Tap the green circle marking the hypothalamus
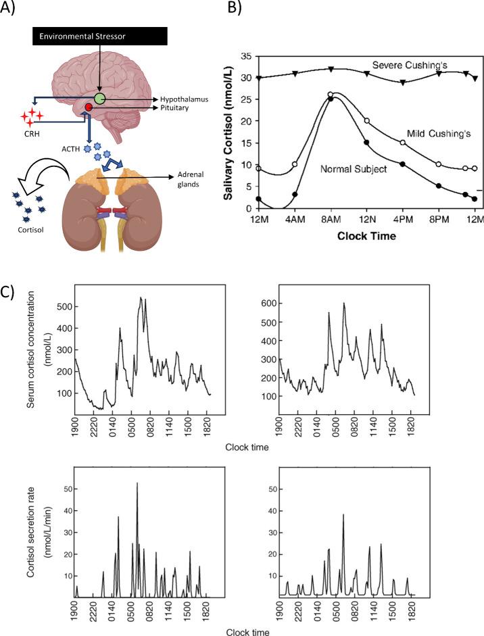[x=100, y=99]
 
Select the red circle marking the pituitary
[x=89, y=108]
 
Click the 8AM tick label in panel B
[x=331, y=220]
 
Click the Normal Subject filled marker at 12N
[x=366, y=143]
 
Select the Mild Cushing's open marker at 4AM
[x=295, y=164]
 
